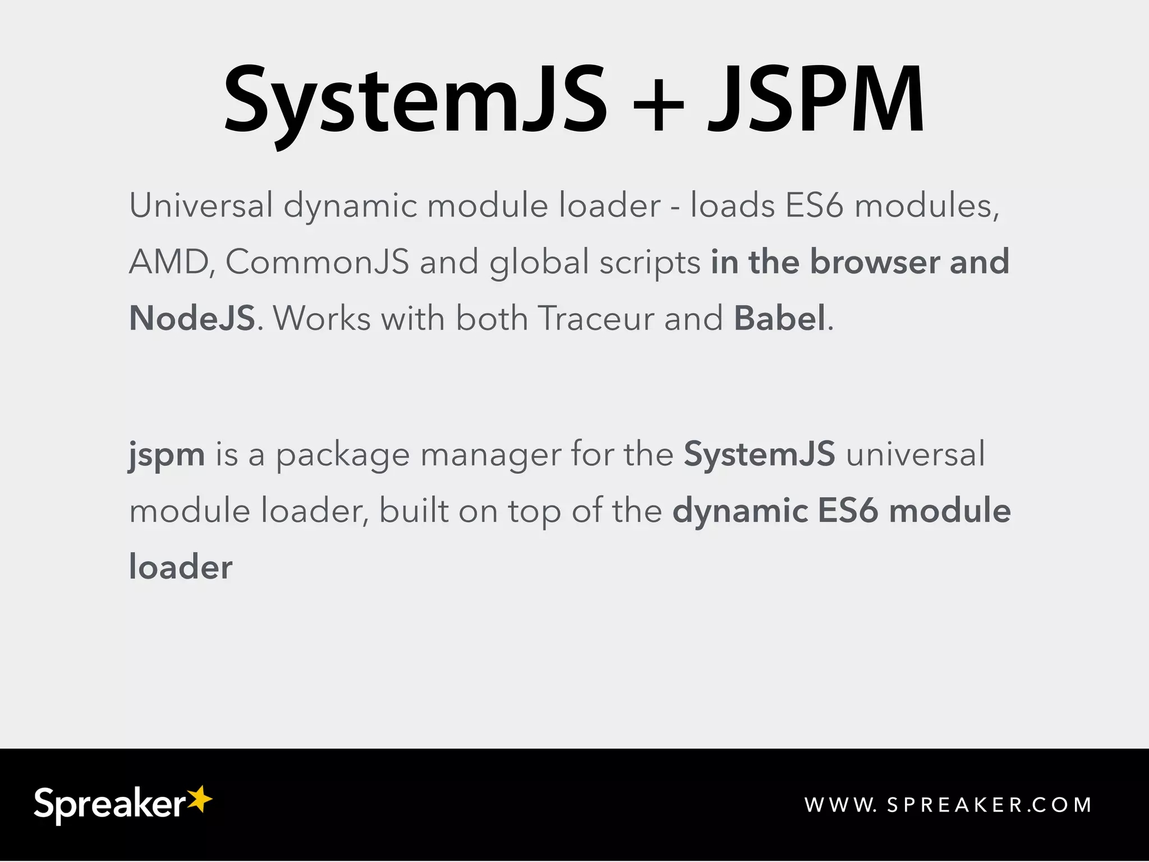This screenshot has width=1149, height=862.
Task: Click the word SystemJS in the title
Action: click(415, 101)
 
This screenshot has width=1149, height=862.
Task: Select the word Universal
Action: click(201, 205)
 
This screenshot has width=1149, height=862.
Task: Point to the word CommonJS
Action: click(317, 262)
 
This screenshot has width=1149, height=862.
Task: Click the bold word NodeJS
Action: click(192, 318)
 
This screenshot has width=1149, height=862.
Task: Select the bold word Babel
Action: click(780, 318)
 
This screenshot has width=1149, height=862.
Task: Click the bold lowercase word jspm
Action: click(167, 455)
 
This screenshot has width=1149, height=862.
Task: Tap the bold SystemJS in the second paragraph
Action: click(760, 454)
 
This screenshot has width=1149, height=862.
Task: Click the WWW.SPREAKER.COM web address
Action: click(948, 805)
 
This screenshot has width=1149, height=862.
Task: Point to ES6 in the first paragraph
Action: click(814, 205)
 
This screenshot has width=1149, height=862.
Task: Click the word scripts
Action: click(650, 263)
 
